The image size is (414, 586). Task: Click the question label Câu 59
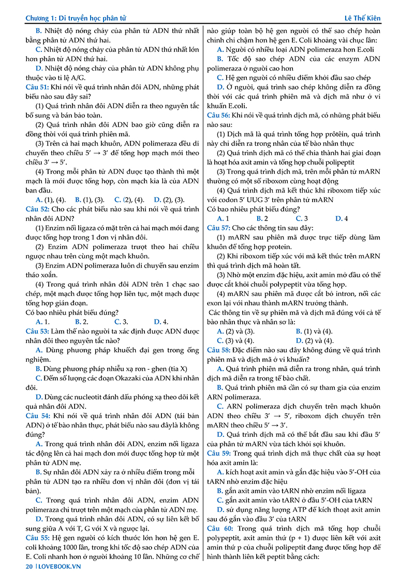(x=219, y=453)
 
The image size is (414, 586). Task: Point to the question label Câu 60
(x=219, y=529)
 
